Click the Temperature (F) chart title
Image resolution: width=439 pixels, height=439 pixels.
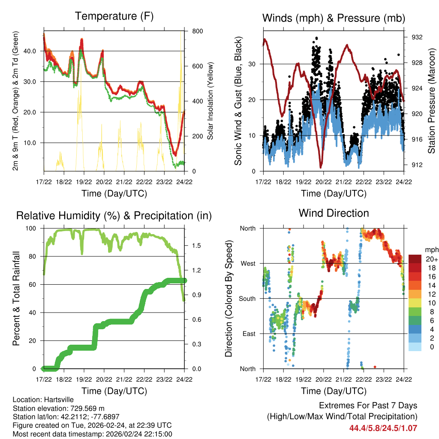click(x=114, y=16)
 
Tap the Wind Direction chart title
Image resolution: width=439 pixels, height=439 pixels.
click(x=334, y=213)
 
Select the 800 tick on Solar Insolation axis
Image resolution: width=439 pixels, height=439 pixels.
click(x=198, y=31)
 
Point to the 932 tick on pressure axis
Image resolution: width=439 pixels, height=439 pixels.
click(x=417, y=37)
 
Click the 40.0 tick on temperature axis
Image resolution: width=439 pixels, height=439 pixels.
click(x=33, y=51)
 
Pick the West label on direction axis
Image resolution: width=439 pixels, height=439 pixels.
click(x=248, y=263)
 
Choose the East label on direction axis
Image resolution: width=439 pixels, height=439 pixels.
click(x=249, y=334)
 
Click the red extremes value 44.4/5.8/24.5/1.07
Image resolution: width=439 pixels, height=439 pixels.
click(x=383, y=428)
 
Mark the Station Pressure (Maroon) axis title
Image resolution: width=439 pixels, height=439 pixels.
click(x=431, y=101)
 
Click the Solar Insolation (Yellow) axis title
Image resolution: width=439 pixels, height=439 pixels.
click(x=210, y=101)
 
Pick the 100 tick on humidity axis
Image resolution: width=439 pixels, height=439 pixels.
click(x=32, y=228)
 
